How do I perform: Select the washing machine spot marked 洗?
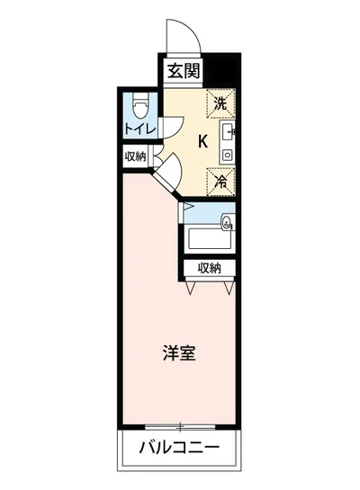[220, 103]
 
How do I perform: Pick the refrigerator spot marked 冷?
[220, 180]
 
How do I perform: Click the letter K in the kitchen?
[202, 140]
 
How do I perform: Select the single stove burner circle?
[227, 155]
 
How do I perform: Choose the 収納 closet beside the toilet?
[136, 156]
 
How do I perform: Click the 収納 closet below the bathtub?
[210, 268]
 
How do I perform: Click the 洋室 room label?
[178, 353]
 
